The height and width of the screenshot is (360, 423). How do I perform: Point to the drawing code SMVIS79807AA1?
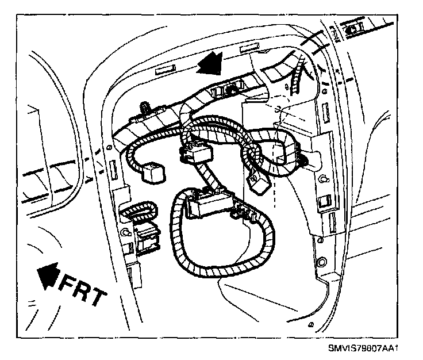(x=364, y=348)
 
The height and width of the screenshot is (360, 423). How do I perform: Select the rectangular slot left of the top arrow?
(x=164, y=71)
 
